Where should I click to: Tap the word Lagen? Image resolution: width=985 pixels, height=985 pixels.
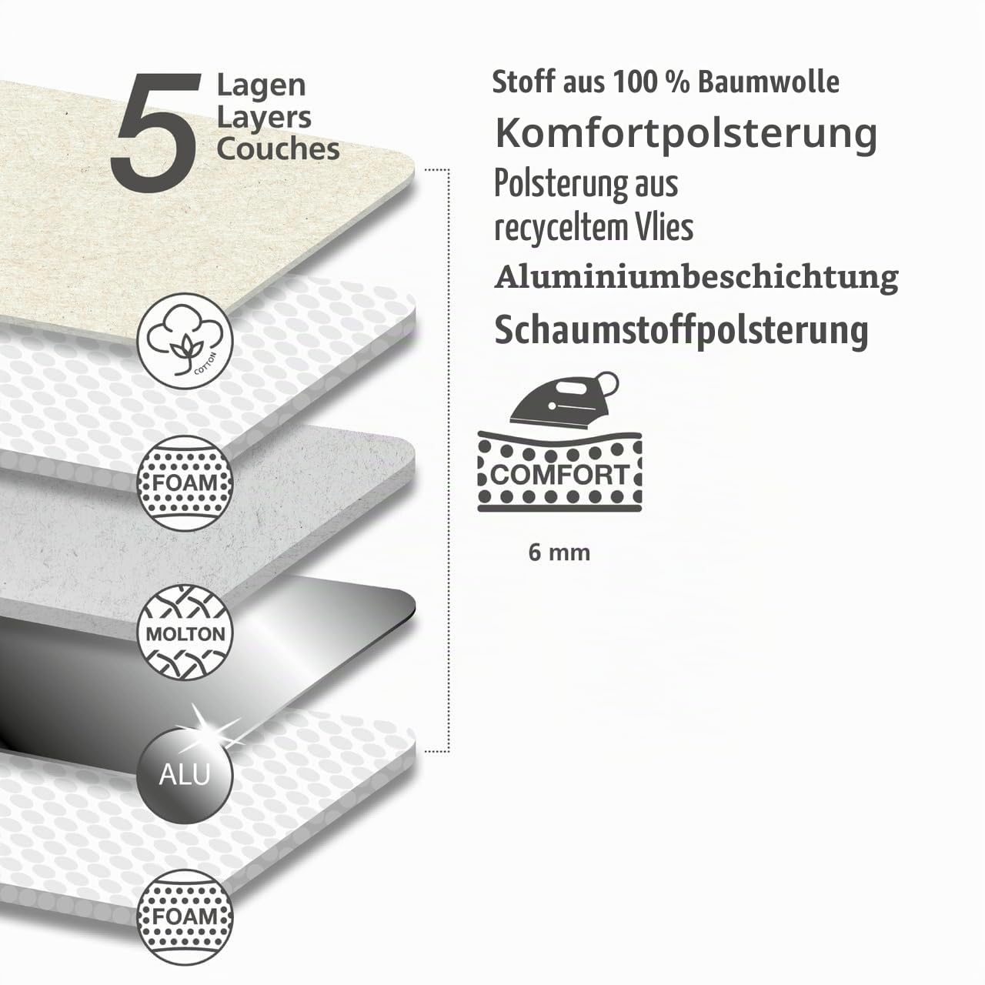[261, 86]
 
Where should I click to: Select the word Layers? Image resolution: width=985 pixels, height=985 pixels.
[264, 118]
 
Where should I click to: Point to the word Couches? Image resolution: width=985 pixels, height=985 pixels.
[278, 149]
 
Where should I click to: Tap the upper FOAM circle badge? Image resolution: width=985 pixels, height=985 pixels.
[185, 483]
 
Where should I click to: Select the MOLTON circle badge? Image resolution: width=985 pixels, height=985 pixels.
[185, 633]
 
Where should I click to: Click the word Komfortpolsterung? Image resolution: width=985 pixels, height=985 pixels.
[686, 134]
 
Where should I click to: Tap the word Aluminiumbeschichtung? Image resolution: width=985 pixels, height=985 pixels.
[696, 278]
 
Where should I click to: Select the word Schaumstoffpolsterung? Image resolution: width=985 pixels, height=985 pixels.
[681, 331]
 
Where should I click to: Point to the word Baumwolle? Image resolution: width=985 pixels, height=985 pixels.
[769, 82]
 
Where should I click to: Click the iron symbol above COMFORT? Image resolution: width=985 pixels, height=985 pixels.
[564, 399]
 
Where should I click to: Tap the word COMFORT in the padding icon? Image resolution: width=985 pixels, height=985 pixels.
[559, 474]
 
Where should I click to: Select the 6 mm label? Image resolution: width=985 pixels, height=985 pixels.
[559, 553]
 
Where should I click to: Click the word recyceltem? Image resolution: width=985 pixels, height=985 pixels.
[561, 229]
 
